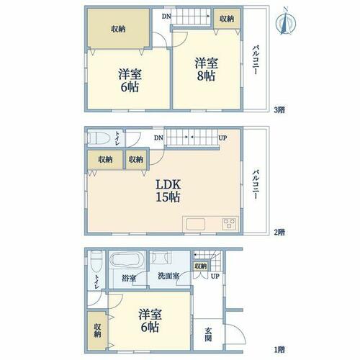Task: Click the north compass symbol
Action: (286, 22)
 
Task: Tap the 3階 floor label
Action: (279, 110)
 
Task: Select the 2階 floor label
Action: (279, 232)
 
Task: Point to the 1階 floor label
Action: (279, 349)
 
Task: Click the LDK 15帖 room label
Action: (168, 191)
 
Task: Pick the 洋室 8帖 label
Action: (206, 69)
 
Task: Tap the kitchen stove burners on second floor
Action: (229, 224)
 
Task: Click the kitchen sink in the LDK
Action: (196, 225)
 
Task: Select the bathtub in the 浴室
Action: (125, 260)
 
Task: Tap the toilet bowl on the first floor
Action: (96, 261)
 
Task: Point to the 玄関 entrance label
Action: (208, 334)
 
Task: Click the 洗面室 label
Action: (168, 276)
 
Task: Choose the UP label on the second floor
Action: (222, 138)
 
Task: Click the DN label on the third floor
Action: (166, 17)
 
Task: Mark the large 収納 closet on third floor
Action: (118, 29)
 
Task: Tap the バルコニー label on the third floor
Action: (256, 60)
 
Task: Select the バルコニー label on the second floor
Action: (256, 184)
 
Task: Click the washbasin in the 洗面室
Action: (161, 257)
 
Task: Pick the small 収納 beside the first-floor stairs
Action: (201, 266)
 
